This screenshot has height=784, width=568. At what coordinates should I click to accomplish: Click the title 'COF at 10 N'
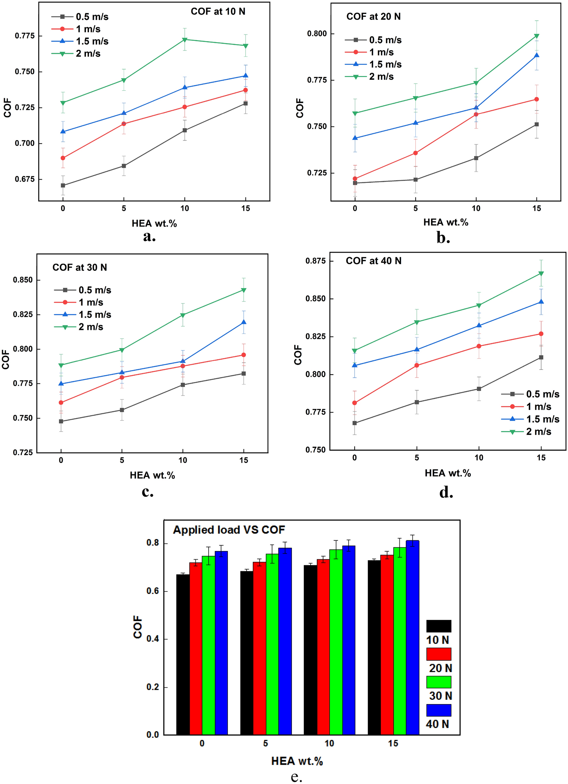tap(218, 12)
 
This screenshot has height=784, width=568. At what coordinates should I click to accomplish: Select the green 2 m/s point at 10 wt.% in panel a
tap(185, 39)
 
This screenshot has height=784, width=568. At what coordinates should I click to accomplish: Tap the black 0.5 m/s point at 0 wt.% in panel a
tap(63, 185)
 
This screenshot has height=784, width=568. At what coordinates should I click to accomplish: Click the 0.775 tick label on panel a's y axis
tap(25, 36)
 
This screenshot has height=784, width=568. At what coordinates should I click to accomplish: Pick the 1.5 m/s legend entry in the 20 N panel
tap(385, 64)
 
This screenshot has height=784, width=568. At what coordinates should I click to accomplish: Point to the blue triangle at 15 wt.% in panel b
tap(536, 55)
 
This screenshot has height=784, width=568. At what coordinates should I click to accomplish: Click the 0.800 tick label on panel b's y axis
tap(317, 34)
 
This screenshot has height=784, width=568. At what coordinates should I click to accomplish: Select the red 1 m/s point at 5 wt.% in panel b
tap(415, 153)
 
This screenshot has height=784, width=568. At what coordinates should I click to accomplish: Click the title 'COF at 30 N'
tap(80, 267)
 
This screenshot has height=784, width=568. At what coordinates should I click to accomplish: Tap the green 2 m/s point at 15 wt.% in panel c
tap(244, 290)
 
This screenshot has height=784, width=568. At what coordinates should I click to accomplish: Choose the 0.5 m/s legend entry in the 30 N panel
tap(95, 290)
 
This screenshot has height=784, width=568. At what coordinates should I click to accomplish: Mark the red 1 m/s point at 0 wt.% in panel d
tap(354, 403)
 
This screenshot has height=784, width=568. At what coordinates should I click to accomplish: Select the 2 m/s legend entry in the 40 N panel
tap(538, 432)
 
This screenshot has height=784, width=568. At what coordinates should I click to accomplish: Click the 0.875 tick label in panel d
tap(316, 261)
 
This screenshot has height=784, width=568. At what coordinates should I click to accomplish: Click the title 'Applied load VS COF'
tap(229, 530)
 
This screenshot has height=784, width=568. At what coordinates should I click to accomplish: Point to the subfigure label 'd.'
tap(446, 492)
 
